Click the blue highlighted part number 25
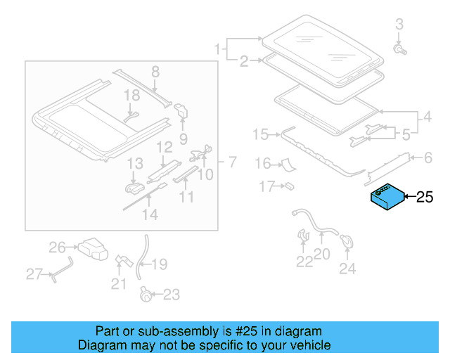coord(387,196)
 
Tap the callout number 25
coord(425,198)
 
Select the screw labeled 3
coord(400,50)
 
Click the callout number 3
coord(399,25)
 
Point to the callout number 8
coord(155,71)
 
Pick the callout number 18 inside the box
coord(133,95)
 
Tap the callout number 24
coord(347,268)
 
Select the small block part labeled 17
coord(288,186)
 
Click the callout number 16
coord(262,164)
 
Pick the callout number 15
coord(261,134)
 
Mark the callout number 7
coord(231,162)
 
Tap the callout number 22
coord(303,262)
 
